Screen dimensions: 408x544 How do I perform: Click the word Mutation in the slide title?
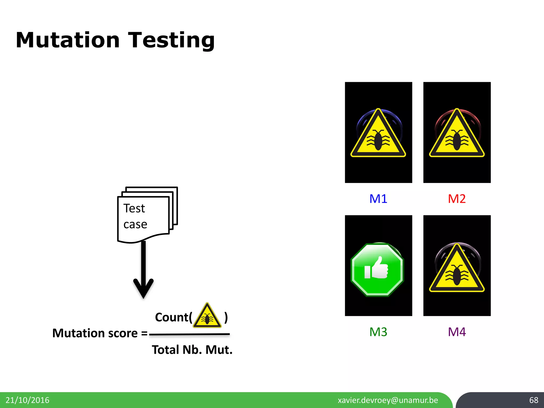click(x=68, y=40)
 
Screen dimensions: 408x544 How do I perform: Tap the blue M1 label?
click(x=378, y=199)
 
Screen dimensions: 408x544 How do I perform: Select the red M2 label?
click(x=457, y=199)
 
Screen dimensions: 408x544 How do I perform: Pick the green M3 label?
click(x=378, y=332)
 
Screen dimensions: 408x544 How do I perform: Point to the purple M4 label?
click(x=457, y=332)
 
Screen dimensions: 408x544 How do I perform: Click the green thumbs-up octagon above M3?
click(x=377, y=269)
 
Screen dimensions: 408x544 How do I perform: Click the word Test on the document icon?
click(x=134, y=208)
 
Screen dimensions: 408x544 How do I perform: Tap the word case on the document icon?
click(x=135, y=224)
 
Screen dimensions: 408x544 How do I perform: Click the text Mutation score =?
click(x=100, y=333)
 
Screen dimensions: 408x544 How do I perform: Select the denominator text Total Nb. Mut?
click(x=192, y=350)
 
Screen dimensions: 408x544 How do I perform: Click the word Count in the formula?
click(x=172, y=317)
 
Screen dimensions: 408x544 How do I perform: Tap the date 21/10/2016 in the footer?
click(x=27, y=400)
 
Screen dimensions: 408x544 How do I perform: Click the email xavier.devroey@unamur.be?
click(x=388, y=400)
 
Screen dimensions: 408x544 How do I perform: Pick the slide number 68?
click(x=533, y=400)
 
